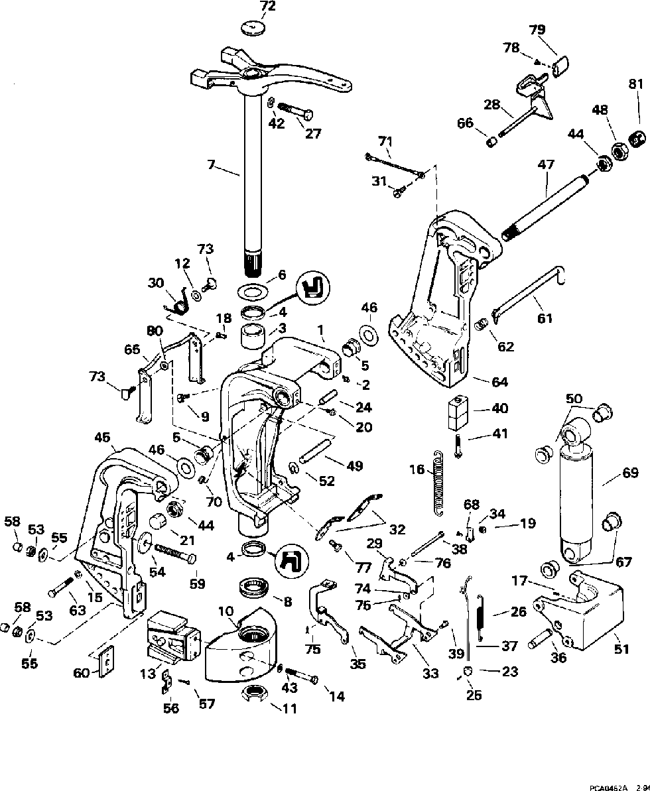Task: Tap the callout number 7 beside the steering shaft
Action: (212, 164)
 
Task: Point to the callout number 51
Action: (621, 649)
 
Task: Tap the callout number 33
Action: (430, 674)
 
